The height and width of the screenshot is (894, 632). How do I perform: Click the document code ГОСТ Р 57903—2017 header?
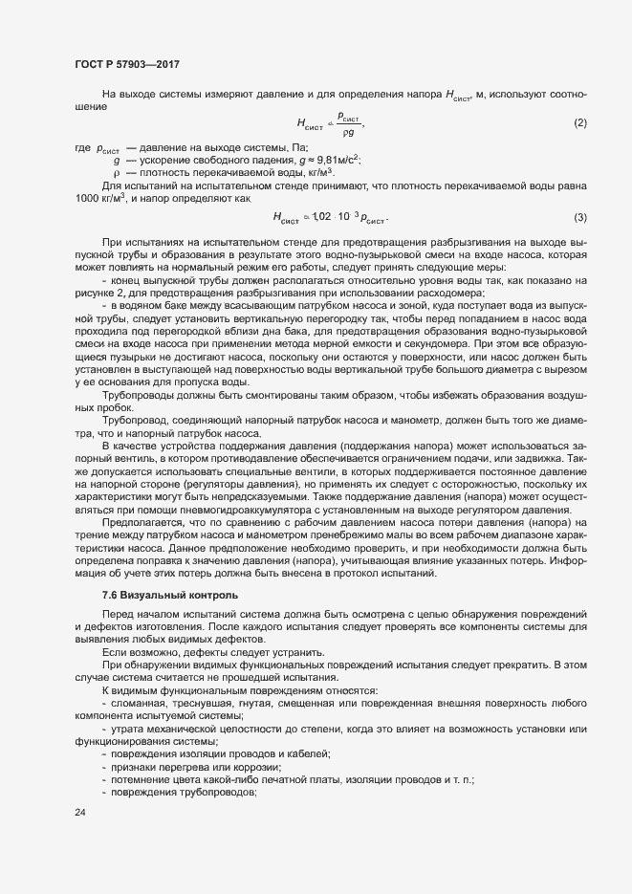point(126,63)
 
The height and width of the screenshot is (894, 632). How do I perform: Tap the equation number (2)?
point(579,123)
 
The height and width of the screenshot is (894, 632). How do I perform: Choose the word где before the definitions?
point(80,149)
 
